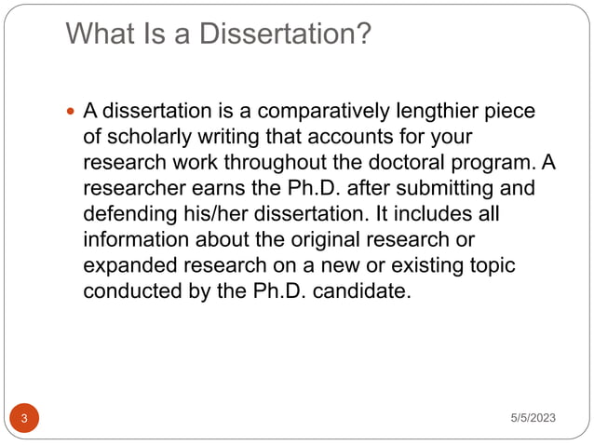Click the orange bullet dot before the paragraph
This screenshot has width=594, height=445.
[x=72, y=113]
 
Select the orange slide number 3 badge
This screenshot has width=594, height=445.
[x=23, y=419]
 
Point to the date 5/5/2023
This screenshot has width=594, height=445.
[x=533, y=419]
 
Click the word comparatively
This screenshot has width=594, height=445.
[x=304, y=112]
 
